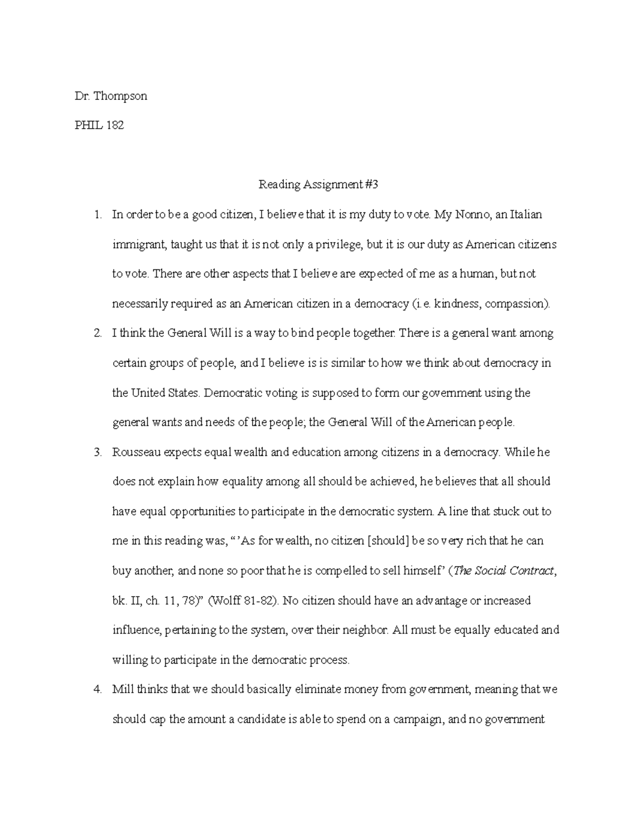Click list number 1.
pos(97,215)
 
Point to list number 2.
pos(97,334)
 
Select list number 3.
pos(97,453)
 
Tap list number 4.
pos(97,690)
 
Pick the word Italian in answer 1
pos(526,215)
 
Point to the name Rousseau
pos(136,453)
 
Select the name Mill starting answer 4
pos(122,690)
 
